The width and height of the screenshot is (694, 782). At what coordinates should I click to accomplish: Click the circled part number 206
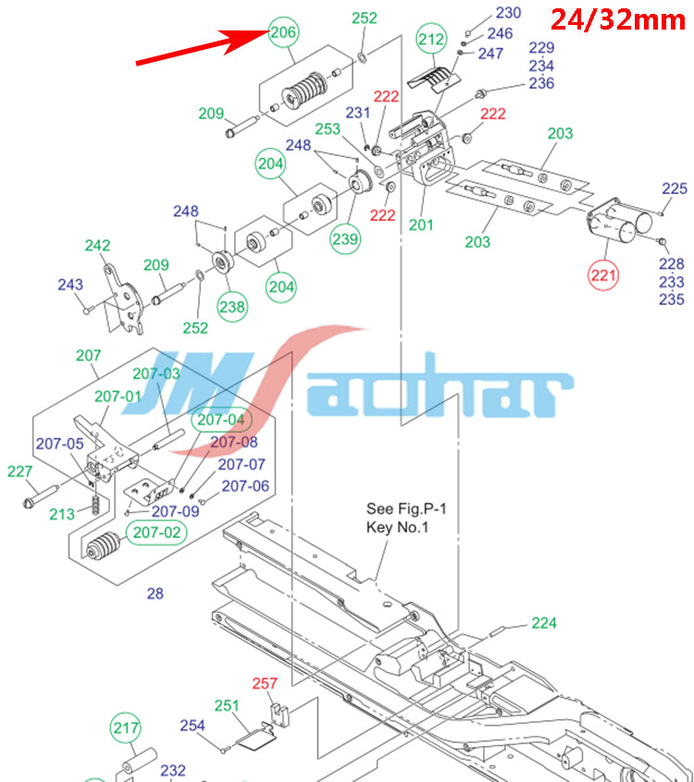coord(284,32)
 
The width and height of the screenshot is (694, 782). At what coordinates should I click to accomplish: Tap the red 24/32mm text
coord(617,18)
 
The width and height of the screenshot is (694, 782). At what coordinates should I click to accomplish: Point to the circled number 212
coord(431,40)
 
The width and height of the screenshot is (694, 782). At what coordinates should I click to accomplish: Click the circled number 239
coord(346,237)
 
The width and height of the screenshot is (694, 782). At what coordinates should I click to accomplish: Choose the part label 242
coord(97,246)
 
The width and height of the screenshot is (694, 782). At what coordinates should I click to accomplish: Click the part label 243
coord(70,286)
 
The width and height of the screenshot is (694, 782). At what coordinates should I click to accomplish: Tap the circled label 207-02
coord(157,532)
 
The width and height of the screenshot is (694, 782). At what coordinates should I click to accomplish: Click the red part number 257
coord(266,684)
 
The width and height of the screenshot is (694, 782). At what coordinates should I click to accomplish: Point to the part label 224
coord(544,623)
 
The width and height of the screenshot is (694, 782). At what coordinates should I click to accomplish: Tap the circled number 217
coord(127,727)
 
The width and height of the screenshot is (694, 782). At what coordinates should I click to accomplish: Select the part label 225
coord(675,189)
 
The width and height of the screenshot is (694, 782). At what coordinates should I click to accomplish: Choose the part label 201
coord(422,223)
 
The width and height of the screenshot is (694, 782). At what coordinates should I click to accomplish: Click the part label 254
coord(192,726)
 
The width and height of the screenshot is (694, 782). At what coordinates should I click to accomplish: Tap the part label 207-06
coord(246,485)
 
